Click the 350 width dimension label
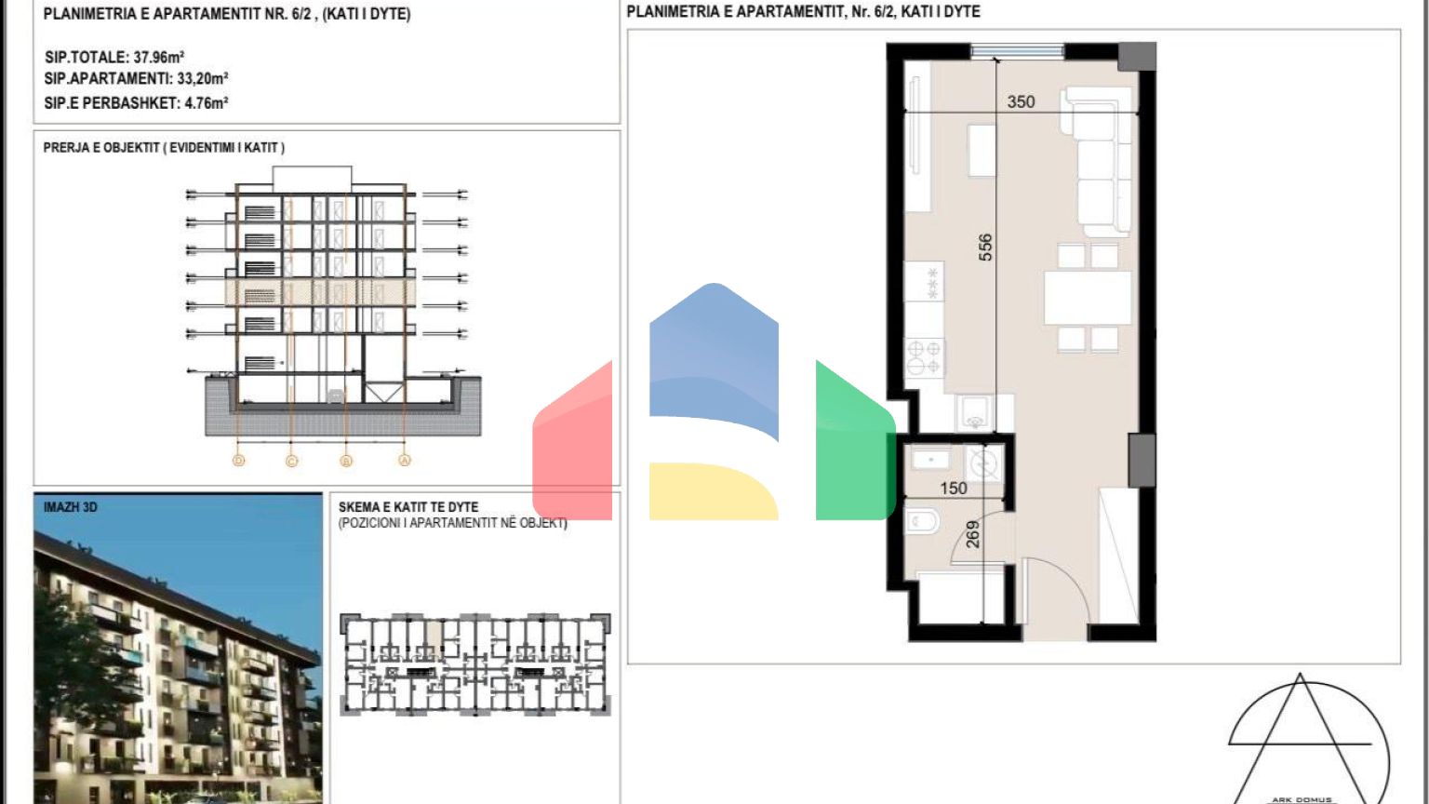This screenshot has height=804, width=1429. click(x=1021, y=101)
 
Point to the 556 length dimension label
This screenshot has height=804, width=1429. click(x=985, y=247)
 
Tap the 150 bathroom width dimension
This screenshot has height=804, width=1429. click(x=954, y=489)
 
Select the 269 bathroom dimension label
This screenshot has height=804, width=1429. click(x=972, y=535)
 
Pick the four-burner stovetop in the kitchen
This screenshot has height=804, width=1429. click(x=924, y=357)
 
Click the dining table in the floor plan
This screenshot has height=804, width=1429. click(x=1088, y=298)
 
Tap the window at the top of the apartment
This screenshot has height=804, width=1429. click(x=1018, y=50)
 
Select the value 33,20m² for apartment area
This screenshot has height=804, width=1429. click(x=202, y=78)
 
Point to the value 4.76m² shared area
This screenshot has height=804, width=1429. click(x=206, y=102)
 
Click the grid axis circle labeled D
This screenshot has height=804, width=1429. click(x=238, y=460)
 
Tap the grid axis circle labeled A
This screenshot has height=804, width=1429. click(x=405, y=460)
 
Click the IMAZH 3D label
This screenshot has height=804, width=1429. click(x=70, y=507)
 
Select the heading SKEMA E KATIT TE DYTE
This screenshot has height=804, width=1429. click(x=408, y=507)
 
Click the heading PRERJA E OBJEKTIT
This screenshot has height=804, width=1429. click(x=100, y=147)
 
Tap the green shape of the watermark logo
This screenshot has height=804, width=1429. click(x=855, y=447)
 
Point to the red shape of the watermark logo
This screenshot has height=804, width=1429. click(x=572, y=447)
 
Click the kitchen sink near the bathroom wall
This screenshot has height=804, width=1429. click(x=974, y=413)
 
